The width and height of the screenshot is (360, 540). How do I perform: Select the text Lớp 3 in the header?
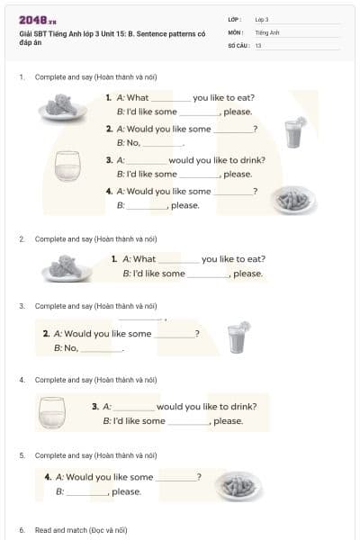(x=262, y=19)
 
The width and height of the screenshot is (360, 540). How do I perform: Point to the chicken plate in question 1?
(x=63, y=107)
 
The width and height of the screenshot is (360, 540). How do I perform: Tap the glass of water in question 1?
(x=67, y=165)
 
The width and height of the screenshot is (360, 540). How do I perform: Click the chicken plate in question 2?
(x=67, y=266)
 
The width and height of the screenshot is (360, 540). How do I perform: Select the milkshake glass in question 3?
(x=238, y=338)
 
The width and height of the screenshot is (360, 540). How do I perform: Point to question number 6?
(x=22, y=530)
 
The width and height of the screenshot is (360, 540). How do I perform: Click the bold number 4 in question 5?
(x=47, y=477)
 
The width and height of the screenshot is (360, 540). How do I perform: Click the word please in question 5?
(x=126, y=491)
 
